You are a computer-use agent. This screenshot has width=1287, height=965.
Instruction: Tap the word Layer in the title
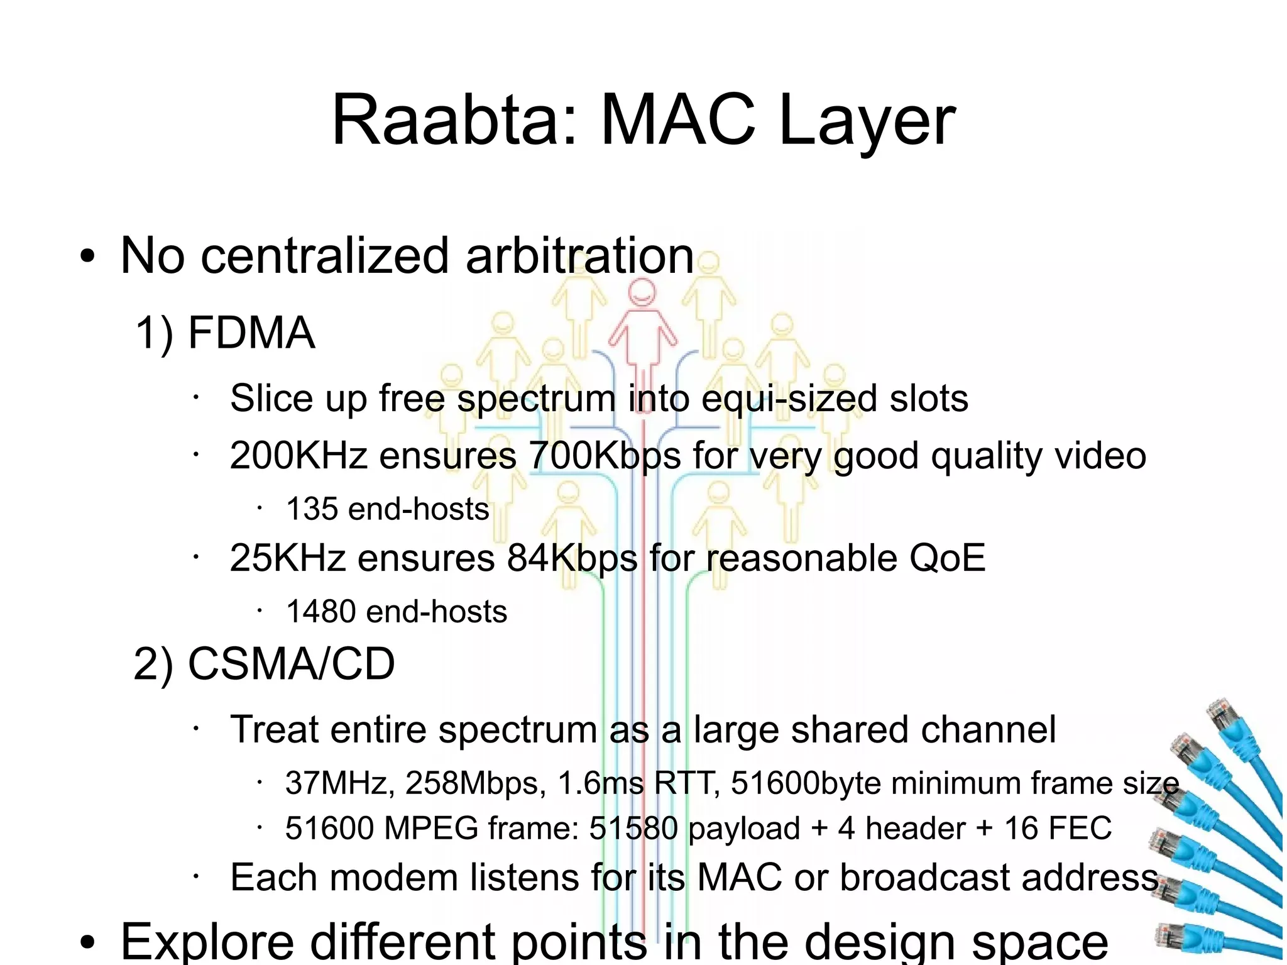[x=867, y=121]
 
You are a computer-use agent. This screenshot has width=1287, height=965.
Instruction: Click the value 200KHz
[x=298, y=455]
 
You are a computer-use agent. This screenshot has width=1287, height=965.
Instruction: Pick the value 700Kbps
[x=605, y=455]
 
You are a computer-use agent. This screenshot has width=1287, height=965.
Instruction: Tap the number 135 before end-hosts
[x=312, y=509]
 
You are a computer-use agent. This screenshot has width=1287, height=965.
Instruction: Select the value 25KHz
[x=288, y=558]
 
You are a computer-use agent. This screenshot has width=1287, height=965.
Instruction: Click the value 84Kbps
[x=572, y=558]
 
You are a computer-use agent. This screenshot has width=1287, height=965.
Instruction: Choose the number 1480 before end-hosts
[x=320, y=611]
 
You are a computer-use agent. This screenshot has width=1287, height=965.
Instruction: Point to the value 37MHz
[x=340, y=783]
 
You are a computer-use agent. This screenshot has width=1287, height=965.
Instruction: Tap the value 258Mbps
[x=476, y=783]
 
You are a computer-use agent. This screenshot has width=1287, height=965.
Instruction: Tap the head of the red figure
[x=642, y=292]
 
